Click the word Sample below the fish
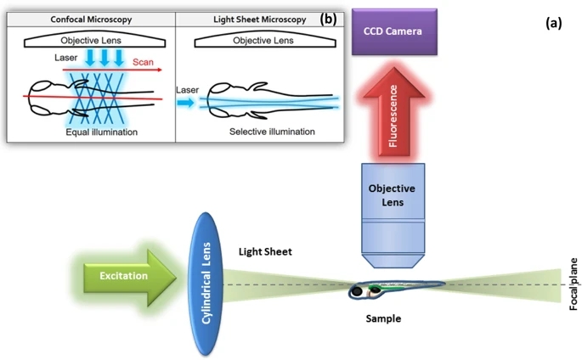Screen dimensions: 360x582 coord(383,319)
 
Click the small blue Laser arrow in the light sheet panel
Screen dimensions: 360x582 coord(184,102)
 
